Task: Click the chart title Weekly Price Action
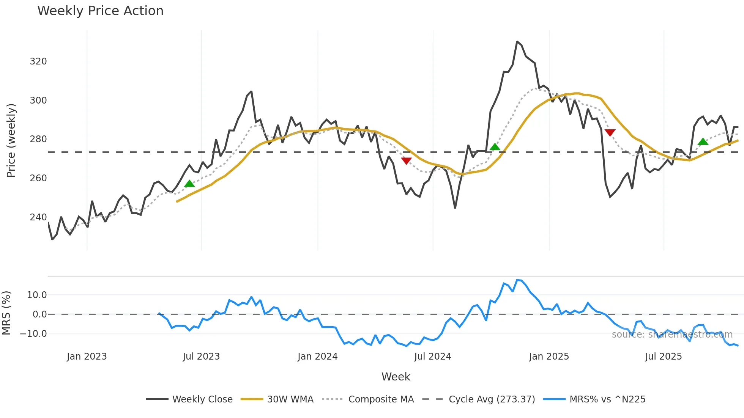pyautogui.click(x=100, y=11)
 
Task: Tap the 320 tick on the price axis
pyautogui.click(x=38, y=61)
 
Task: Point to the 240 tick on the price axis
pyautogui.click(x=38, y=217)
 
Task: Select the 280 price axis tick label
pyautogui.click(x=38, y=139)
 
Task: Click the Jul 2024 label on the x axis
pyautogui.click(x=432, y=357)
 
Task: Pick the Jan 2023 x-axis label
pyautogui.click(x=87, y=357)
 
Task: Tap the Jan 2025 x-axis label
pyautogui.click(x=549, y=357)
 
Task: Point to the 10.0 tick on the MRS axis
pyautogui.click(x=37, y=295)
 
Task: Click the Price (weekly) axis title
pyautogui.click(x=11, y=140)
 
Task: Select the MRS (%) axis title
pyautogui.click(x=6, y=313)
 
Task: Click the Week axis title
pyautogui.click(x=396, y=377)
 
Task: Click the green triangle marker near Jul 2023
pyautogui.click(x=189, y=184)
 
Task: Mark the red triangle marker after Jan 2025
pyautogui.click(x=610, y=132)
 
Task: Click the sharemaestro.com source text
pyautogui.click(x=672, y=335)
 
